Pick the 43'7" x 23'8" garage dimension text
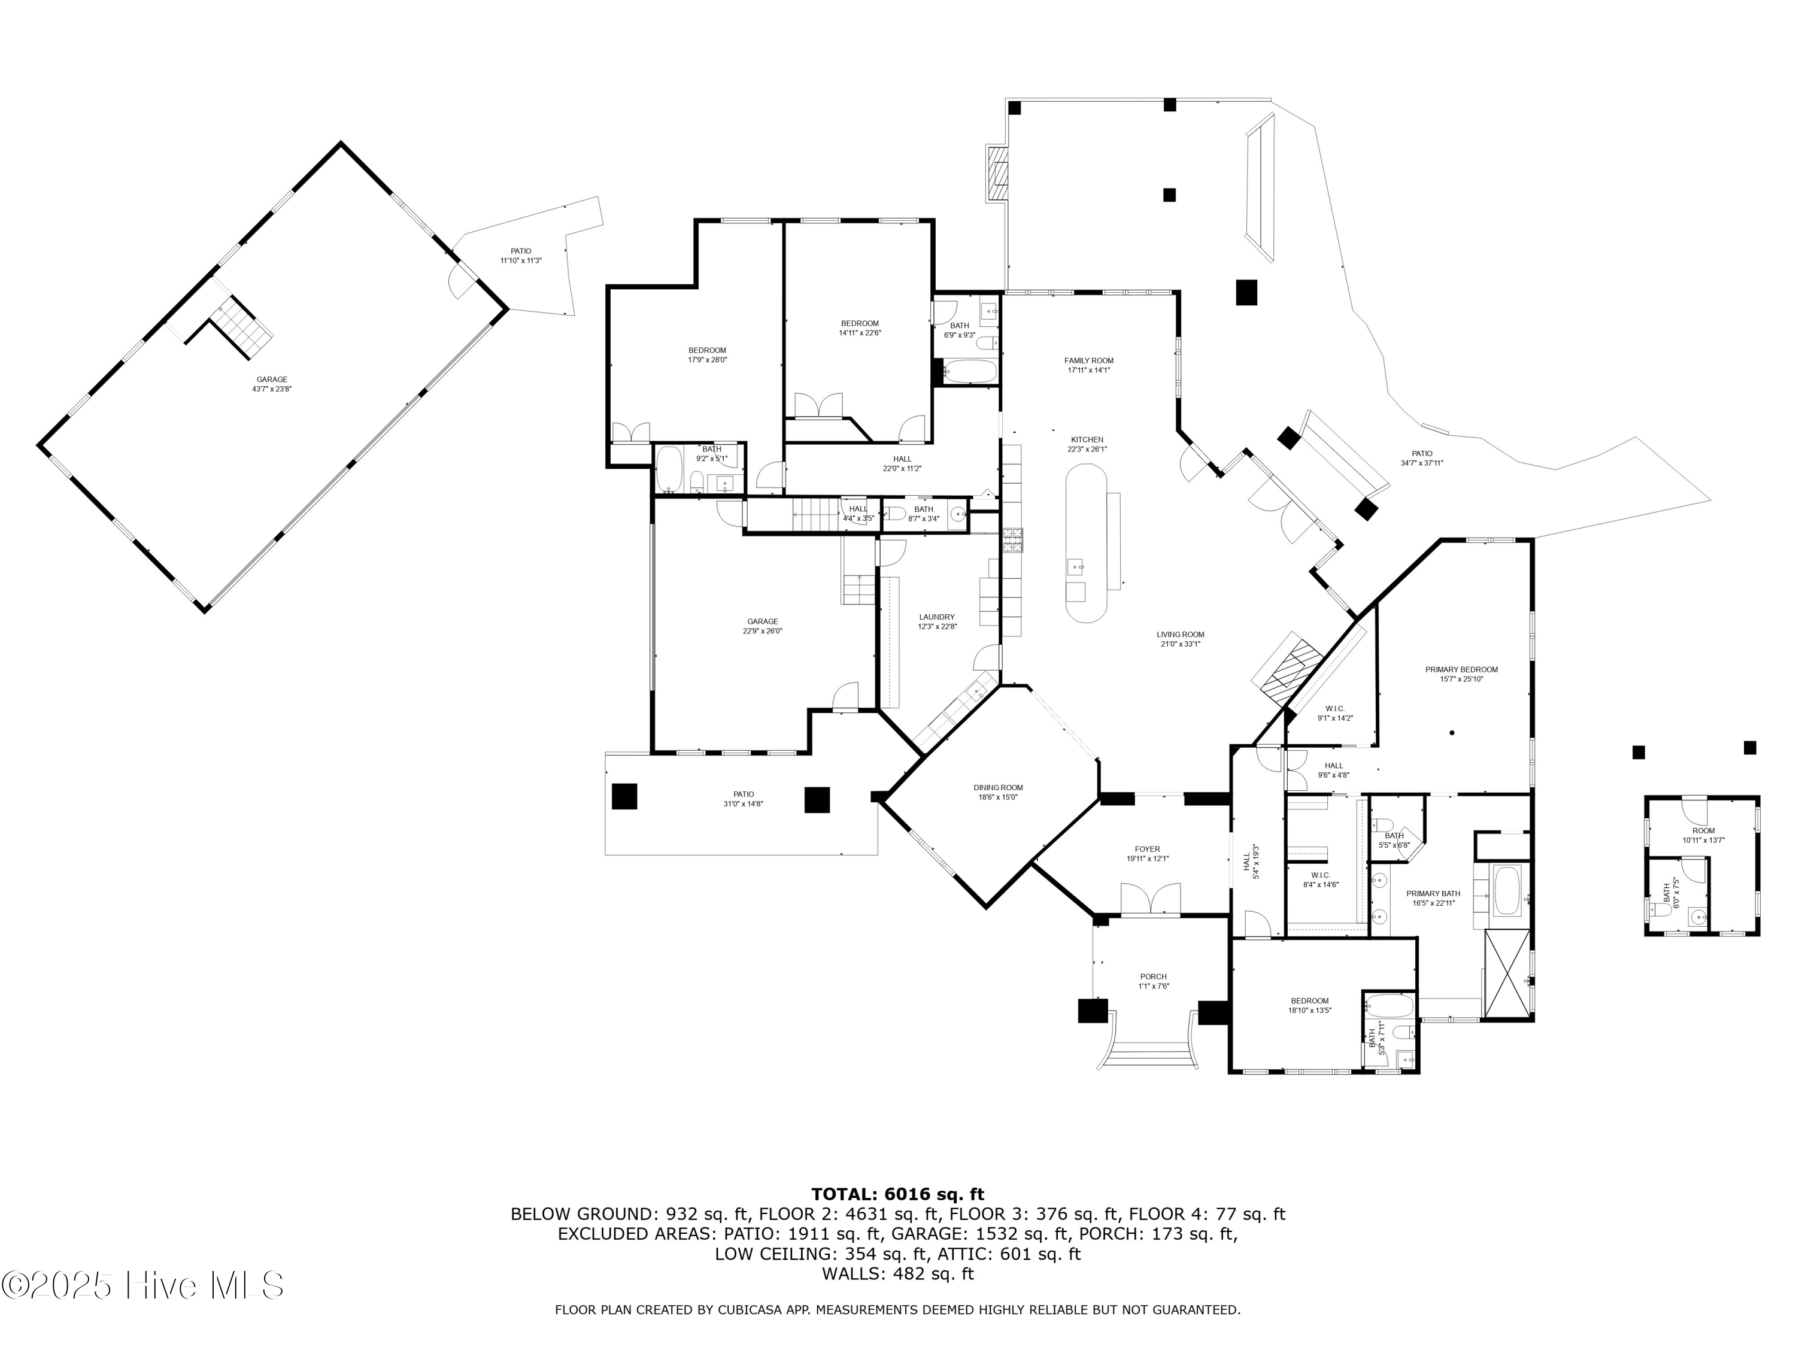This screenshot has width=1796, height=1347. point(271,389)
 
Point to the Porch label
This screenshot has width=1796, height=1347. point(1153,977)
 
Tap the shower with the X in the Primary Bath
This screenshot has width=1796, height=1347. point(1506,973)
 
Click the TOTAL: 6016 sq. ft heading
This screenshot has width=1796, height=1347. point(897,1194)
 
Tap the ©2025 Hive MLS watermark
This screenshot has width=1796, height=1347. point(143,1285)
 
